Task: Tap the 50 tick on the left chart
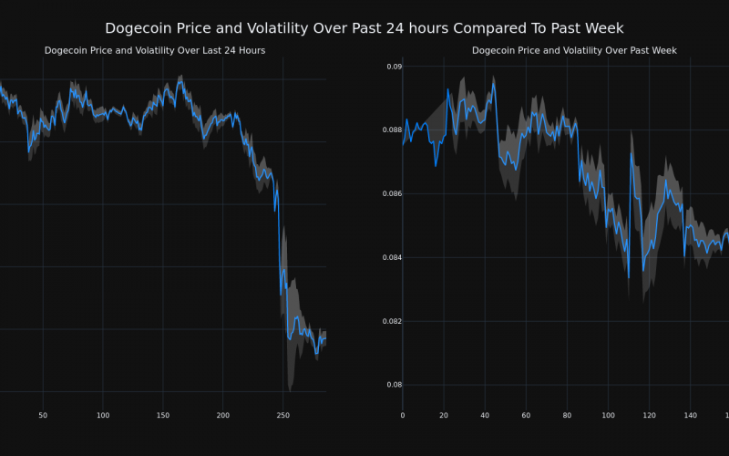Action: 43,416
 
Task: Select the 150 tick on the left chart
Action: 163,416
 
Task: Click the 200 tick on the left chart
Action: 223,416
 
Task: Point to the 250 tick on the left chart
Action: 283,416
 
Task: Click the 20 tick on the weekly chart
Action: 444,416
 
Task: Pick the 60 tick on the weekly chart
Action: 526,416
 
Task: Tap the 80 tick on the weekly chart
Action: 567,416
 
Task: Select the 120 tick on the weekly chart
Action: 649,416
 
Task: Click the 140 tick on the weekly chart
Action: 690,416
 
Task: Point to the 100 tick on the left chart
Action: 103,416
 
